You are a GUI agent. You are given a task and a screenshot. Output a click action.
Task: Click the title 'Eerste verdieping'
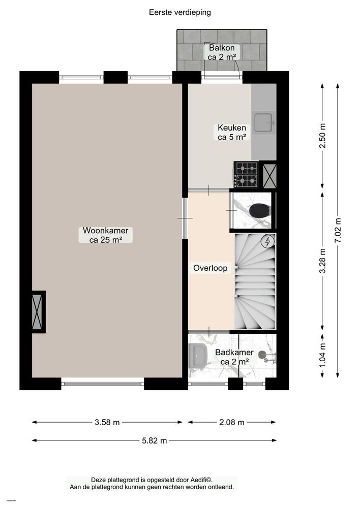coord(180,12)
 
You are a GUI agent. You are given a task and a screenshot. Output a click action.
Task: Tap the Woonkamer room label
coord(105,235)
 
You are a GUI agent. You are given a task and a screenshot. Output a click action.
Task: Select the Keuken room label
coord(232,132)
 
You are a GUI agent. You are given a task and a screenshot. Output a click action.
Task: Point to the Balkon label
coord(222,52)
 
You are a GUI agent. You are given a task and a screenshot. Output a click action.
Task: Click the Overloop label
coord(211,268)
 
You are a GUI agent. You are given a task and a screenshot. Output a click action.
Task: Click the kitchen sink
coord(264,122)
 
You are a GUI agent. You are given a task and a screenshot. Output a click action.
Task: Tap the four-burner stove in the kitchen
coord(246,174)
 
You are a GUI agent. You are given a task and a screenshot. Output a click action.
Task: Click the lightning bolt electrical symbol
coord(267,242)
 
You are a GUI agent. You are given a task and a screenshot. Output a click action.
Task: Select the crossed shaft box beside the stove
coord(268,174)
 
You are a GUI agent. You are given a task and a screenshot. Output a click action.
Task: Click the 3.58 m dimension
coord(107,422)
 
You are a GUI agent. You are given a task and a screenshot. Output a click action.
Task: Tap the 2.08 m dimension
coord(232,422)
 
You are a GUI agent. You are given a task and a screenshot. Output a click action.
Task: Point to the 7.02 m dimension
coord(338,231)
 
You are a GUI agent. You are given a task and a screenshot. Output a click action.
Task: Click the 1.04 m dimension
coord(322,355)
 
